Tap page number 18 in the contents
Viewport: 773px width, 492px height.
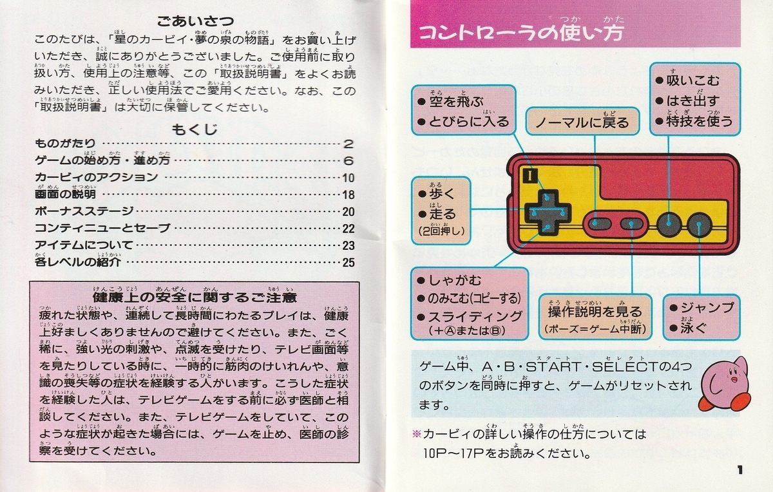click(348, 193)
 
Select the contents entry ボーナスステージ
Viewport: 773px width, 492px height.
click(84, 211)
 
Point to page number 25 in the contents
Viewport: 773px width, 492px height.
click(348, 262)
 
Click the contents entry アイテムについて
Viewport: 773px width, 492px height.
click(84, 245)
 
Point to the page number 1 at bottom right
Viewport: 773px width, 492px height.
click(740, 470)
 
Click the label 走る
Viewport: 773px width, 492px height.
click(445, 214)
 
